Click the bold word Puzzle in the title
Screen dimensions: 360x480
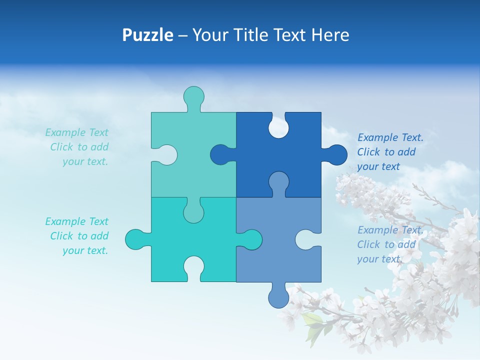[x=147, y=35]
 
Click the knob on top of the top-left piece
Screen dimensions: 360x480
[x=193, y=96]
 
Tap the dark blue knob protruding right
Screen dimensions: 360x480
[x=336, y=154]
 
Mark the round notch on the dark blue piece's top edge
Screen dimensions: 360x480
[x=278, y=127]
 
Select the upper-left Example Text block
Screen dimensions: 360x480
[x=77, y=147]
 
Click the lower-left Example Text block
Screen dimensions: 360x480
[x=77, y=236]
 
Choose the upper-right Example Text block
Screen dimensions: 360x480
[x=390, y=152]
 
